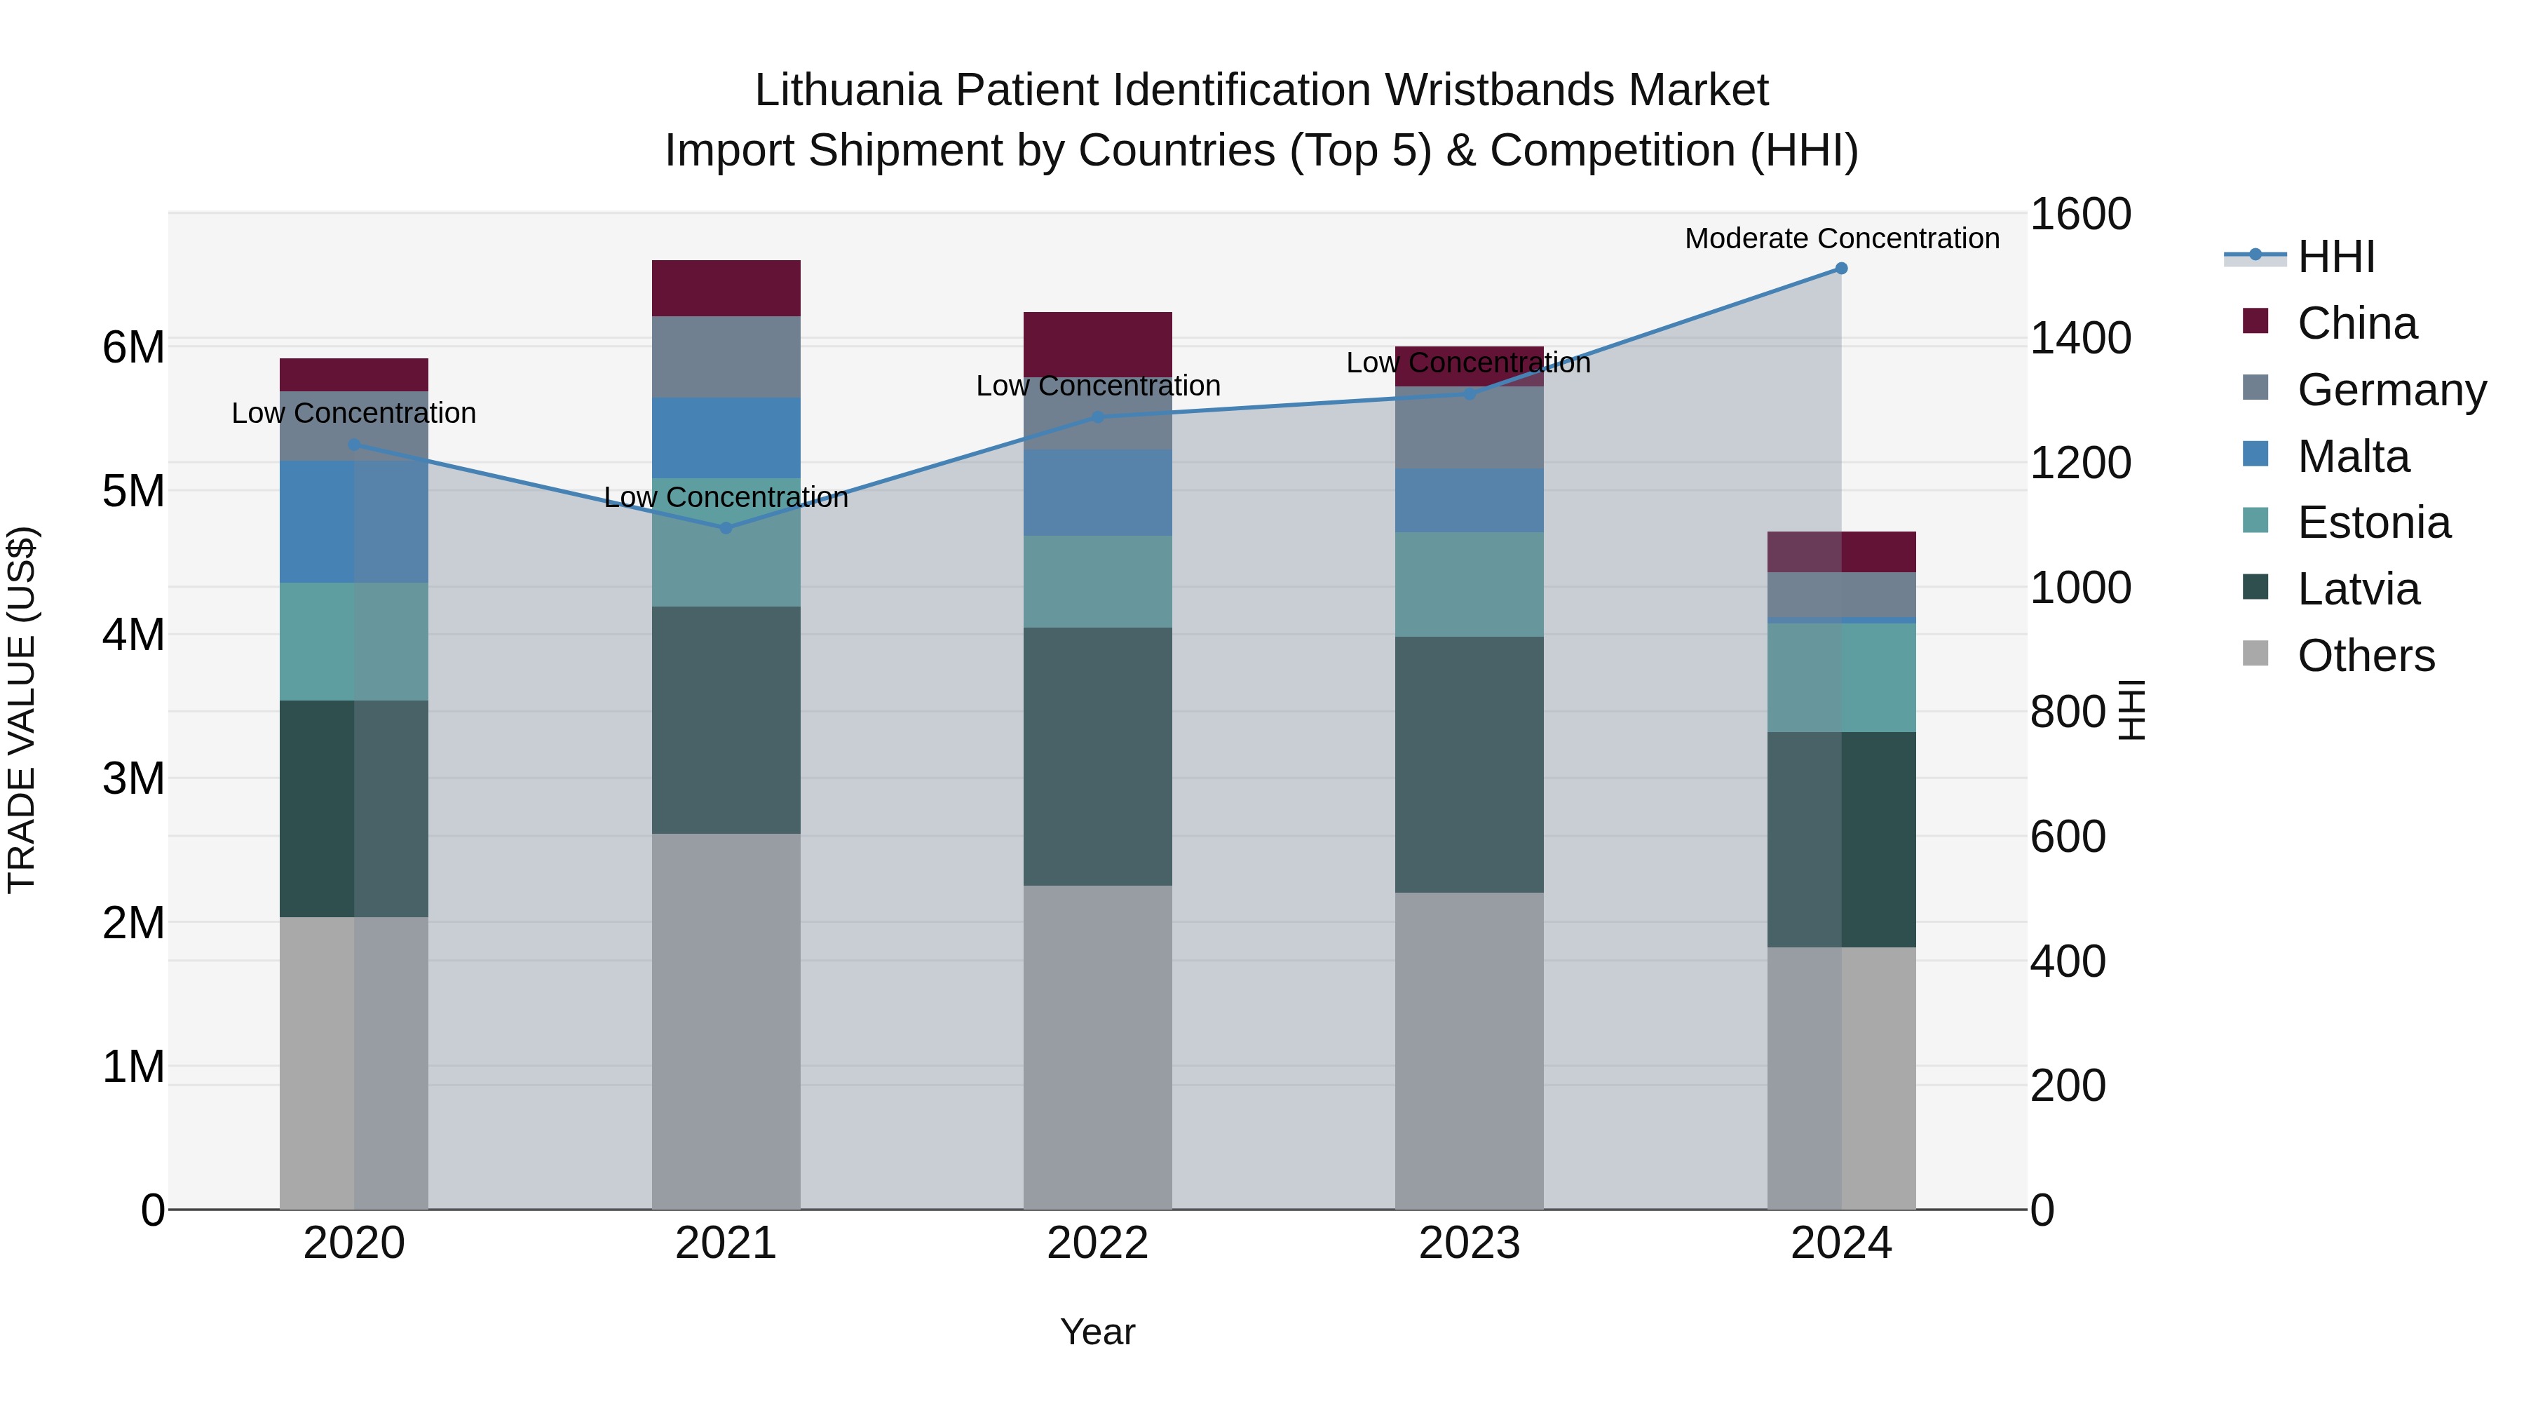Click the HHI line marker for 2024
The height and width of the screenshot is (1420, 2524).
tap(1841, 269)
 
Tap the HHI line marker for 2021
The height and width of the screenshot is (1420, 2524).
tap(726, 528)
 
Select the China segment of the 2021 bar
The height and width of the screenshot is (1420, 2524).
tap(726, 288)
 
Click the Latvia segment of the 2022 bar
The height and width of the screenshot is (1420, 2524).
tap(1097, 757)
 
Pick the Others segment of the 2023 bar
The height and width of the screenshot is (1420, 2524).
tap(1469, 1050)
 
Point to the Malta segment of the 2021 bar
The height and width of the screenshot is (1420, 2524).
tap(726, 438)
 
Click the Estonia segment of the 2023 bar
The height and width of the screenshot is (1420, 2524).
tap(1469, 585)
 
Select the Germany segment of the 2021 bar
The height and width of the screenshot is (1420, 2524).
tap(726, 357)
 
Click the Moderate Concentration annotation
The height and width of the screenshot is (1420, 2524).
tap(1841, 238)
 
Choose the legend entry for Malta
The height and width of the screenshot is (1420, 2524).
tap(2352, 457)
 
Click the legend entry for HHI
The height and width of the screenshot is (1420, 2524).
tap(2336, 257)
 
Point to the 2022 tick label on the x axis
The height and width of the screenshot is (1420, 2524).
tap(1097, 1243)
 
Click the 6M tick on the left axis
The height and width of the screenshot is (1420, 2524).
tap(134, 347)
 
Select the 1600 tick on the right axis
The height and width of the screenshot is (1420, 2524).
tap(2079, 214)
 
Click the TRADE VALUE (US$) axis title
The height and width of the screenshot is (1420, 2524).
tap(22, 710)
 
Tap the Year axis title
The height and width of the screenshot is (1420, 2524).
tap(1097, 1332)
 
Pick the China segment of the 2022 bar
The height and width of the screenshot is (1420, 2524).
tap(1097, 343)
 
